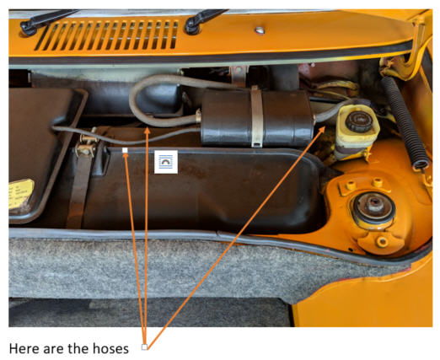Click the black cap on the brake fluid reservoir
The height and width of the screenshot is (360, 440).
tap(359, 121)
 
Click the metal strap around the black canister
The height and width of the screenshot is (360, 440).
tap(256, 116)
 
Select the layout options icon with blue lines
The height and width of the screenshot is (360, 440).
tap(166, 162)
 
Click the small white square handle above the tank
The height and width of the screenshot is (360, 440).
tap(125, 150)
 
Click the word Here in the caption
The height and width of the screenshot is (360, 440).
tap(24, 349)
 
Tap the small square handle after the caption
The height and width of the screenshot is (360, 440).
tap(144, 347)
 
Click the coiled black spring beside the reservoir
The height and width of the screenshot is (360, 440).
tap(405, 123)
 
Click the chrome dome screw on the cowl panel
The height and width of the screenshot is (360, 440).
tap(260, 30)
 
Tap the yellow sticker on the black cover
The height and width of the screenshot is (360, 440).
tap(20, 193)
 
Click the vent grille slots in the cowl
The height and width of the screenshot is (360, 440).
tap(107, 35)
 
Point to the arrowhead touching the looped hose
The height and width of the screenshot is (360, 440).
tap(148, 131)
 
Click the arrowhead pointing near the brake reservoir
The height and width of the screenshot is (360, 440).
tap(322, 130)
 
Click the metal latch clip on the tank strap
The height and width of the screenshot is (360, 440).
tap(87, 145)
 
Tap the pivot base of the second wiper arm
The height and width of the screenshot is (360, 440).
tap(192, 26)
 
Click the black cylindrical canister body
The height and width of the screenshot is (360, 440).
tap(256, 117)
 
